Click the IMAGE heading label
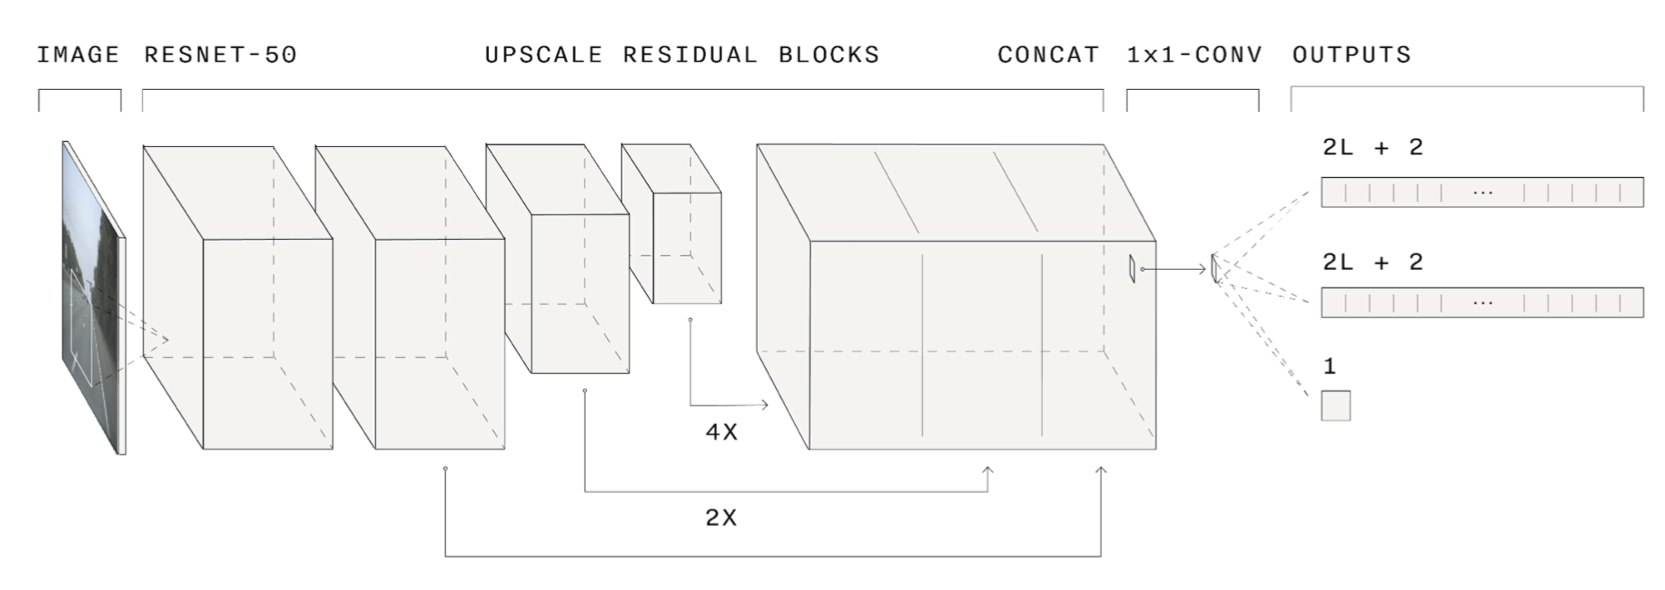[x=78, y=55]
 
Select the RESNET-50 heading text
[x=220, y=55]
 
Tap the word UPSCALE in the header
[x=543, y=55]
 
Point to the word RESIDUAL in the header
[x=690, y=55]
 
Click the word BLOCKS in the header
[x=828, y=55]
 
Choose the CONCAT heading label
[x=1048, y=55]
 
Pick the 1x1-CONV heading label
[x=1194, y=55]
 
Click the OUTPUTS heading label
[x=1351, y=55]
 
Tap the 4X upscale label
[x=721, y=432]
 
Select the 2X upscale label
[x=721, y=518]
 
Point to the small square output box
[x=1336, y=406]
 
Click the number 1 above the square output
[x=1329, y=366]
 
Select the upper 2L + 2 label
[x=1373, y=148]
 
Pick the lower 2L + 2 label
[x=1373, y=263]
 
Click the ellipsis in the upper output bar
[x=1482, y=193]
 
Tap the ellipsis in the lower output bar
[x=1482, y=302]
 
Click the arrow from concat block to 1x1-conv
[x=1174, y=269]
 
